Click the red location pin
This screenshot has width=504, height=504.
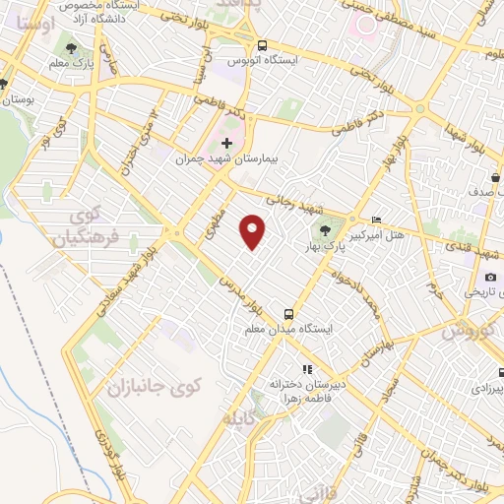254,231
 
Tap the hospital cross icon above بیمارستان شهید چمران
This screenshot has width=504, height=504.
227,144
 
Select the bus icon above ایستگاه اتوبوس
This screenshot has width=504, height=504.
262,45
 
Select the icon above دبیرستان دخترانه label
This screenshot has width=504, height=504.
305,369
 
